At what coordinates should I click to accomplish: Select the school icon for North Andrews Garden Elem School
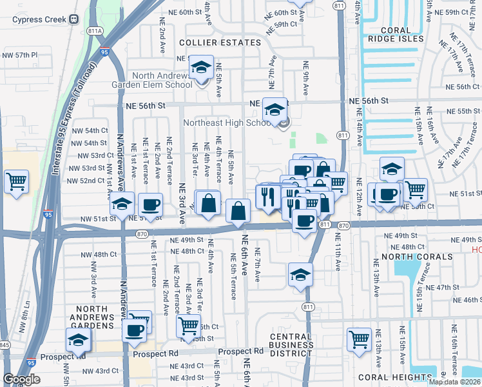201,68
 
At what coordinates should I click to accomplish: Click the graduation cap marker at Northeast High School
275,110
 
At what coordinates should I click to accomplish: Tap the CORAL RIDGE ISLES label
402,34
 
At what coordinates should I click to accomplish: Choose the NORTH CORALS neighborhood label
416,257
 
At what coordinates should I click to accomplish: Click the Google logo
21,379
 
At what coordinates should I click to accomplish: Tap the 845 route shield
3,345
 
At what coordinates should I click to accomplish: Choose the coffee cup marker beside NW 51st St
150,205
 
